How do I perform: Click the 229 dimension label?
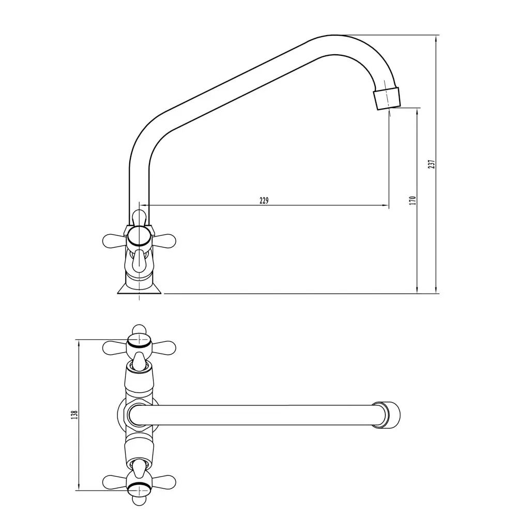264,201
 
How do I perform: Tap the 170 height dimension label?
413,201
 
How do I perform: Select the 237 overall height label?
432,164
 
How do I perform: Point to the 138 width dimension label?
74,415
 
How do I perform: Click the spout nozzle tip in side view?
387,98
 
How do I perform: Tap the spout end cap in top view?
386,415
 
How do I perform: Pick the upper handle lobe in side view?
139,218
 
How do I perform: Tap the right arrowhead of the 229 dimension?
386,206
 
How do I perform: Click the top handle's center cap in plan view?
140,342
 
